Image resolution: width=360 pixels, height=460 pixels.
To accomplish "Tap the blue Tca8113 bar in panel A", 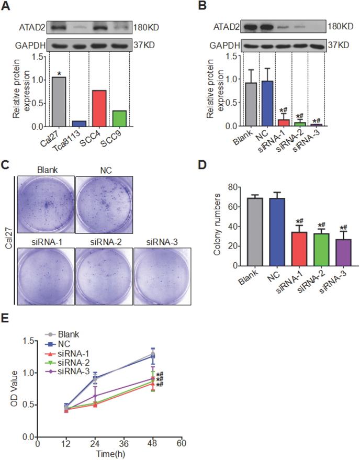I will click(x=78, y=124).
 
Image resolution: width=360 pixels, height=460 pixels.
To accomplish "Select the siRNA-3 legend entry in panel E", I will click(x=78, y=372).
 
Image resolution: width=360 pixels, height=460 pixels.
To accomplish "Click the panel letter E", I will click(x=10, y=319).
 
